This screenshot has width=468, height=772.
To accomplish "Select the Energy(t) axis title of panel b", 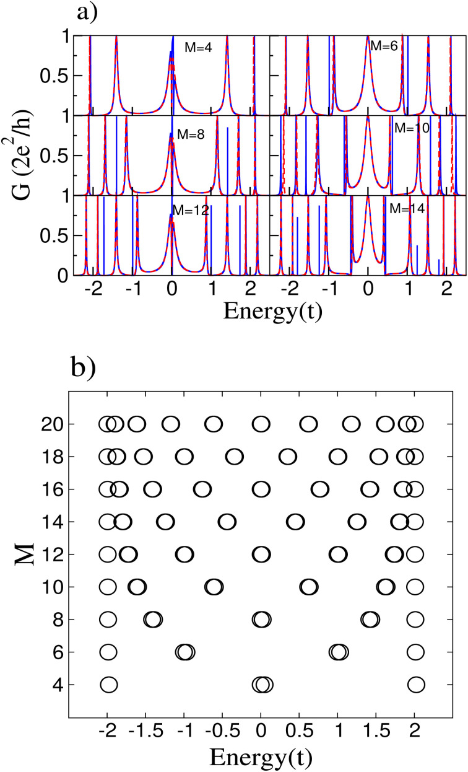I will click(261, 757).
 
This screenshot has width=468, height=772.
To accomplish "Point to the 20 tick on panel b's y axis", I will click(48, 424).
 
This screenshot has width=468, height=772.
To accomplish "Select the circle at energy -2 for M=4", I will click(108, 685).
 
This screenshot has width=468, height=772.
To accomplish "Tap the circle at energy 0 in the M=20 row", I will click(261, 424).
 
